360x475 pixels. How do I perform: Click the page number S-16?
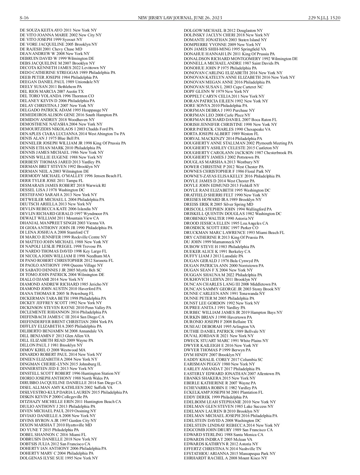click(x=24, y=18)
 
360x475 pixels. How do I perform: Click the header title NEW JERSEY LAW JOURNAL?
click(x=162, y=18)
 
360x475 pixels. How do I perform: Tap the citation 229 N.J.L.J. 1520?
click(x=324, y=18)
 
